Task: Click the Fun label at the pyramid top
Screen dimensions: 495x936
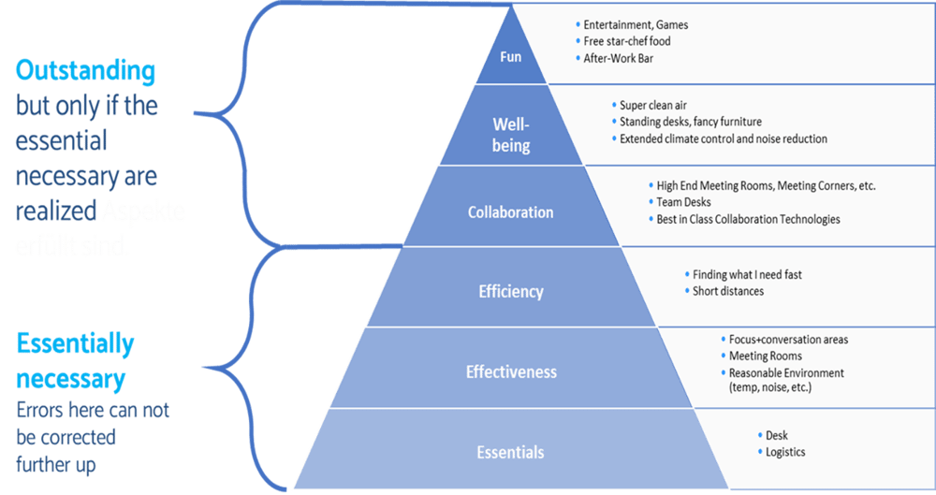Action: pos(510,56)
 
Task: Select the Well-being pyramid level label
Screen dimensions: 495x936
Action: pos(511,135)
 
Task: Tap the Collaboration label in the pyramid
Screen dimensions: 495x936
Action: pos(510,212)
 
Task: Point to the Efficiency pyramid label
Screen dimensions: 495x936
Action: pos(510,291)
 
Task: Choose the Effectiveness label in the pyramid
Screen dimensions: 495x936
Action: pos(511,371)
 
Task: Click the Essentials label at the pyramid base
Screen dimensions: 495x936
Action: pos(510,452)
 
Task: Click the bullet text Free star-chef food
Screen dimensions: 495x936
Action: pos(626,41)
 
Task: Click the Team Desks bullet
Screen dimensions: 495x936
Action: pos(683,202)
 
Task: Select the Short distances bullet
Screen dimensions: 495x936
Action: pos(728,291)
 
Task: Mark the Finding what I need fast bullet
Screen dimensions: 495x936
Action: pos(747,274)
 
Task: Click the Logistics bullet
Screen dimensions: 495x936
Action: pos(784,452)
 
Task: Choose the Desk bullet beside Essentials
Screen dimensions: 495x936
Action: pos(777,435)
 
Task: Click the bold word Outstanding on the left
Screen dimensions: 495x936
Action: pos(85,71)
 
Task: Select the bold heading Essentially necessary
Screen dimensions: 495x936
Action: pos(74,361)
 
